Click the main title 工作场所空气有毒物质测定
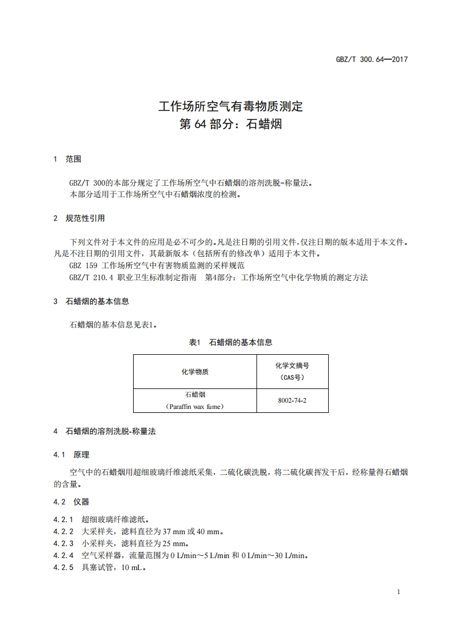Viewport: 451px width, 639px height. [x=230, y=106]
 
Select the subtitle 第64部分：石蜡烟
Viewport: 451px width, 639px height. [x=230, y=124]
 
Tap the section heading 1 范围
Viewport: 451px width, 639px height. [x=67, y=159]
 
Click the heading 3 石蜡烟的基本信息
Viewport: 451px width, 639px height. [x=90, y=301]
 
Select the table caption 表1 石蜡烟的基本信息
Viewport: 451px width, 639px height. [x=230, y=342]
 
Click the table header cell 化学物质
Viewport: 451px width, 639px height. [x=195, y=372]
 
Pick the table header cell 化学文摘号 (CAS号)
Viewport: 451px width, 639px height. [x=292, y=371]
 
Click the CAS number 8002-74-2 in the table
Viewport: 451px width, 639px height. [x=292, y=400]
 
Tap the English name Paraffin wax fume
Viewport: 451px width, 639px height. [x=195, y=407]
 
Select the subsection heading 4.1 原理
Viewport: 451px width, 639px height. [x=71, y=454]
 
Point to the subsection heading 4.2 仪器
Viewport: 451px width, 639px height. [x=71, y=502]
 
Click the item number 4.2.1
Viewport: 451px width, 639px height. [x=64, y=519]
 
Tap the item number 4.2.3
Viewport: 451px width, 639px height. [x=64, y=543]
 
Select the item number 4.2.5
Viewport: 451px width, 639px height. [x=64, y=567]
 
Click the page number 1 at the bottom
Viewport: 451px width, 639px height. [x=399, y=592]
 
